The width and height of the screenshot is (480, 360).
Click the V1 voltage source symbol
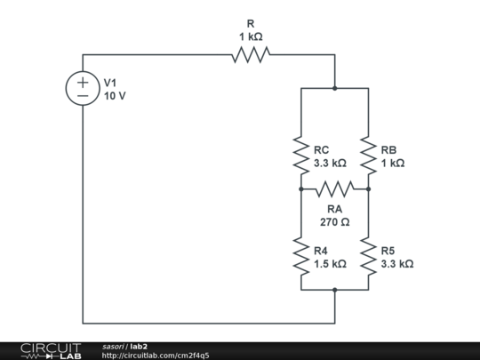tap(83, 88)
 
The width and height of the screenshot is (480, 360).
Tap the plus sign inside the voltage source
tap(83, 81)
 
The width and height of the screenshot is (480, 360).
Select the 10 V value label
tap(115, 95)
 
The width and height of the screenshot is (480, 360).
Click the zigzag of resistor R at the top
tap(251, 55)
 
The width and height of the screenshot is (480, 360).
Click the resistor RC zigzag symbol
tap(300, 155)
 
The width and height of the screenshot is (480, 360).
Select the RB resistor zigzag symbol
tap(368, 155)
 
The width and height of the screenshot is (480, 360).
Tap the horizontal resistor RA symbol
tap(334, 188)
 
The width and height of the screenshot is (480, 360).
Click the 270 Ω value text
tap(334, 221)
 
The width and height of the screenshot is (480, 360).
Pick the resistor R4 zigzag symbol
tap(300, 256)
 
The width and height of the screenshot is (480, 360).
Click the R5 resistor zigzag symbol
tap(368, 256)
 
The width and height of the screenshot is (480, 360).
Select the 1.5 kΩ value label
tap(329, 264)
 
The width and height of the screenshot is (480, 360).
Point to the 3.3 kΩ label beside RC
tap(329, 164)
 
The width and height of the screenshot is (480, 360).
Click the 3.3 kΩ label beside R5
tap(396, 264)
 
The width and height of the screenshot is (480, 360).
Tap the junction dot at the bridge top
tap(334, 89)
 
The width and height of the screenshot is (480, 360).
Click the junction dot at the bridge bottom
tap(334, 290)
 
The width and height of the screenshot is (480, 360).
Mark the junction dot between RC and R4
tap(300, 188)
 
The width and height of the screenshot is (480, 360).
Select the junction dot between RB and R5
tap(368, 188)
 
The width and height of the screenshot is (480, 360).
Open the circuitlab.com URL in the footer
tap(156, 356)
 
